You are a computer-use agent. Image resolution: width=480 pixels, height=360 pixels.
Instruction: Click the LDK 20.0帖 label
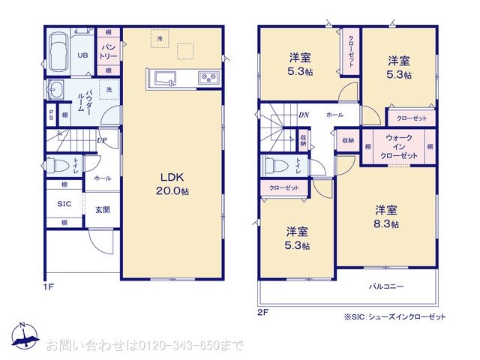click(x=172, y=184)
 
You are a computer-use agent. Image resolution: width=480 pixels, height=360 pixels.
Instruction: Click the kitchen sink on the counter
click(x=163, y=77)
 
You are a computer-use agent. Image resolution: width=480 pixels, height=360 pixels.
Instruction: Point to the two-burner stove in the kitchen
click(x=208, y=77)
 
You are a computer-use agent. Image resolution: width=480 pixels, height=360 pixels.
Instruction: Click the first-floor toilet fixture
click(x=55, y=165)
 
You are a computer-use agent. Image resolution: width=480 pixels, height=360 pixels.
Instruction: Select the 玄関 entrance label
click(x=103, y=209)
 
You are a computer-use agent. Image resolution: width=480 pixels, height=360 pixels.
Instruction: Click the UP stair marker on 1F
click(x=101, y=140)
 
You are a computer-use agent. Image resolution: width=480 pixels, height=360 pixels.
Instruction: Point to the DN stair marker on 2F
click(x=304, y=115)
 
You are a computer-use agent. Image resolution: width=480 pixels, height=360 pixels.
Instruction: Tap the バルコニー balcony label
click(x=386, y=286)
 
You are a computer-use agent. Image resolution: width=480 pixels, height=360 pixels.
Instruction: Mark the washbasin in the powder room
click(x=54, y=91)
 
